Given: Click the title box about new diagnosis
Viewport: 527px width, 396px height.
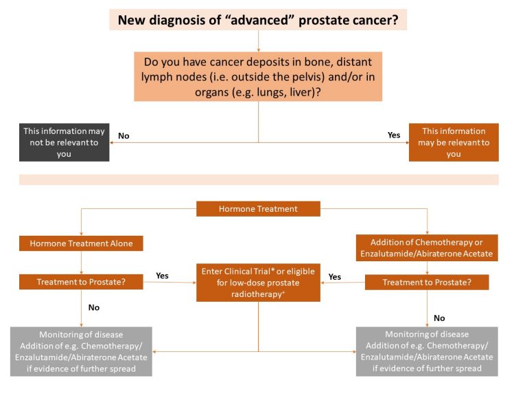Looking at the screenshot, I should [x=258, y=19].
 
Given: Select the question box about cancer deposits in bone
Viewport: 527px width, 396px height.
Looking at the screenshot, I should [x=258, y=76].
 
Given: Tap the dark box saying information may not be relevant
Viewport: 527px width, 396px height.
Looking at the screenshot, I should [x=64, y=143].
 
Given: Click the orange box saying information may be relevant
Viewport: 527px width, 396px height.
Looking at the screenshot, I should [x=454, y=142].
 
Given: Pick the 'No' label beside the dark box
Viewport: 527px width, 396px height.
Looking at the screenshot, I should [x=124, y=136].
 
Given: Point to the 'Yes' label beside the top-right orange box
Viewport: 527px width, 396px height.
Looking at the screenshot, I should [x=394, y=135].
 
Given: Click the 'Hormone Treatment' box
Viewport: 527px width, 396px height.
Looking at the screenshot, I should [x=258, y=208].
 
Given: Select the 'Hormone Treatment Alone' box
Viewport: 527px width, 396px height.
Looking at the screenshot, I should [x=81, y=243].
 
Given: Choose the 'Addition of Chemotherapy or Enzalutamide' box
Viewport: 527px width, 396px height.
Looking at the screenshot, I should [x=427, y=248].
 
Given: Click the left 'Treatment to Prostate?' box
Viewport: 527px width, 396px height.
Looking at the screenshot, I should [x=81, y=282].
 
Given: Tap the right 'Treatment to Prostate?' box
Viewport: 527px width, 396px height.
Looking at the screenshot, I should [x=427, y=282].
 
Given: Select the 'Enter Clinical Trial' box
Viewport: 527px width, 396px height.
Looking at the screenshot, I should [x=258, y=282].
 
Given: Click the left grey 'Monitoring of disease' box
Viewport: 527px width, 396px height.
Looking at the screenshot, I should [x=81, y=351].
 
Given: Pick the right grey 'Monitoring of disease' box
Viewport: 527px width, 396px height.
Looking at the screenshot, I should [x=427, y=351].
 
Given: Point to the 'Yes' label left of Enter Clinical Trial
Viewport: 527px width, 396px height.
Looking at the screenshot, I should [x=162, y=276].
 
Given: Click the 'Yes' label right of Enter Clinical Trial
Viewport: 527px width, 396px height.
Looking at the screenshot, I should [x=335, y=277].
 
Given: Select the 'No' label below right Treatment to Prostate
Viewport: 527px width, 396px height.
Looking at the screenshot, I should [x=439, y=318].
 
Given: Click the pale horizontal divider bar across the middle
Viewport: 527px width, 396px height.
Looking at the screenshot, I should [x=258, y=179].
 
